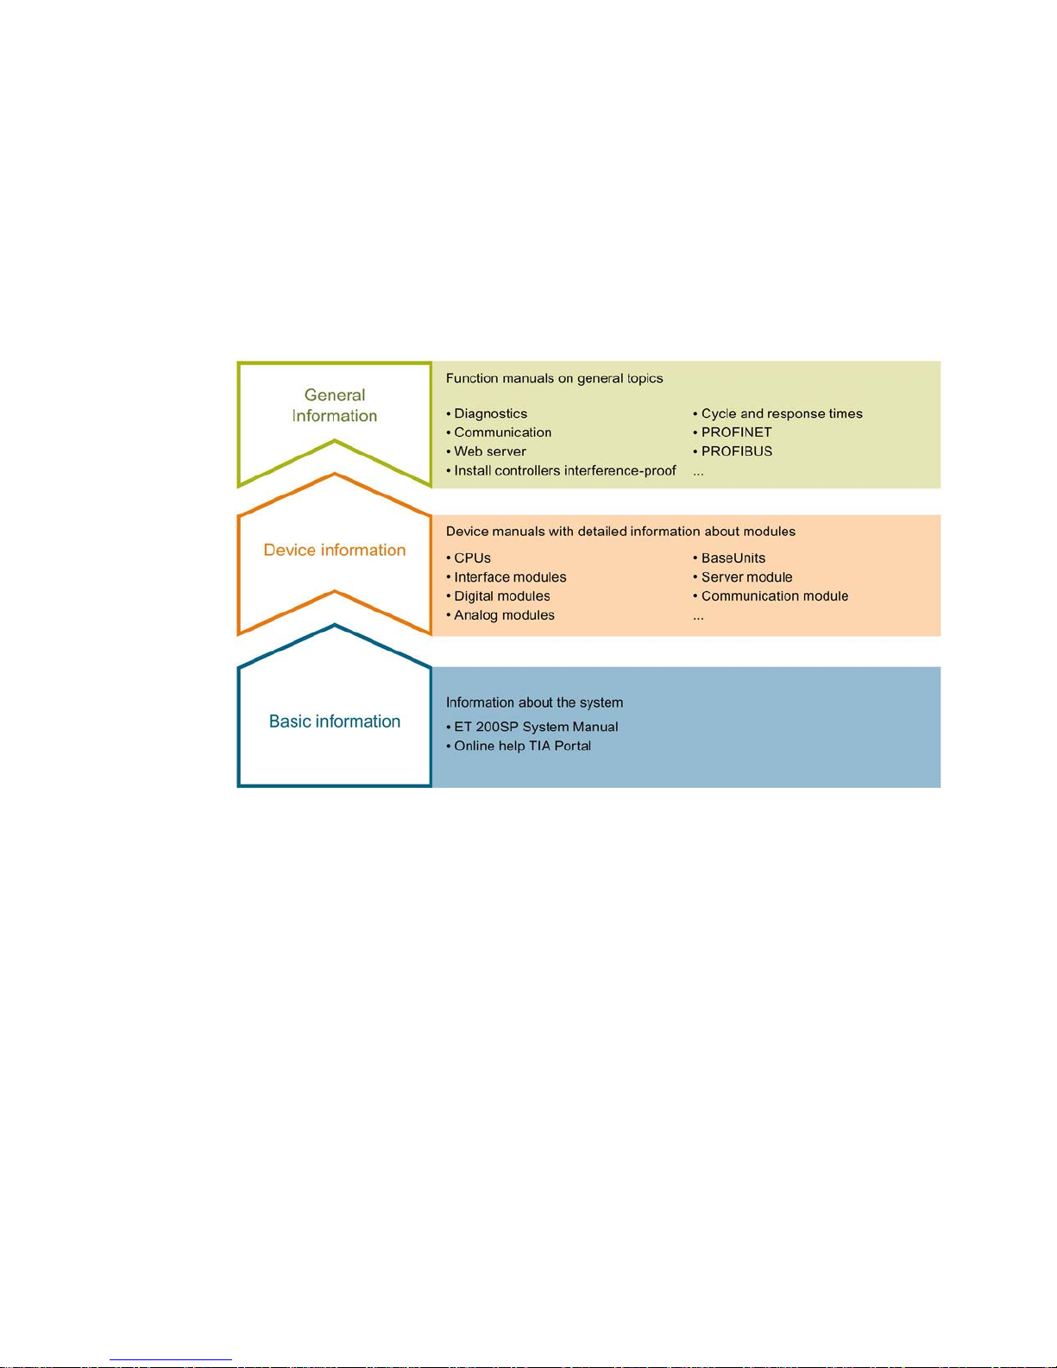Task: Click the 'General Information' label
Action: click(335, 406)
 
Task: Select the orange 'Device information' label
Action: click(335, 551)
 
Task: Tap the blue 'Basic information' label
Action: click(335, 722)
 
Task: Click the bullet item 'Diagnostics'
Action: click(490, 414)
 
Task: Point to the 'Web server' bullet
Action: click(489, 451)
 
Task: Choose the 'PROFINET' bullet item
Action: click(736, 432)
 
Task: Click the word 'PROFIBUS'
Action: click(736, 451)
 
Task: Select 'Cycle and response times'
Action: click(781, 414)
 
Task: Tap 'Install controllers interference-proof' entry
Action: click(564, 471)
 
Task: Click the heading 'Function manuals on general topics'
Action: click(554, 378)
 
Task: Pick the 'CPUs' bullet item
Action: click(472, 558)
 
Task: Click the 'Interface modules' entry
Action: click(510, 577)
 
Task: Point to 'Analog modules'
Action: click(504, 615)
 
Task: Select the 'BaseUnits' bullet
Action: click(733, 558)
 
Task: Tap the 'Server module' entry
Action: click(746, 577)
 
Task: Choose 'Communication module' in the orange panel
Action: click(774, 596)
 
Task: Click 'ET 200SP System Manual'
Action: click(536, 727)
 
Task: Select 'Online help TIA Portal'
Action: click(522, 746)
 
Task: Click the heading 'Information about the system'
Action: click(534, 703)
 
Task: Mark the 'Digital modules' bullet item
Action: click(501, 596)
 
